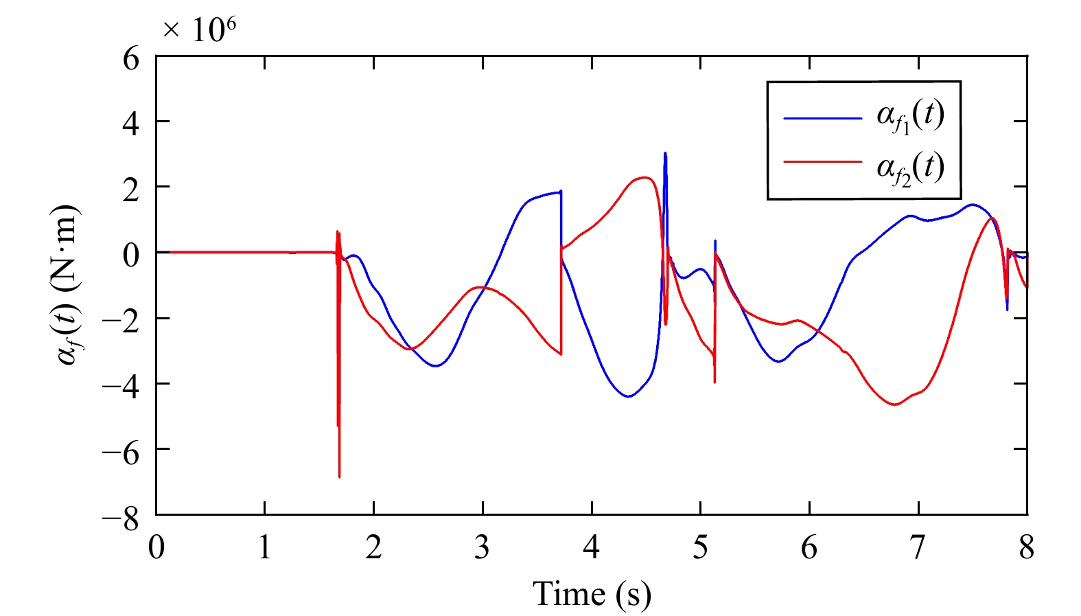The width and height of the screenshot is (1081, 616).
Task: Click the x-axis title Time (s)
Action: [x=592, y=594]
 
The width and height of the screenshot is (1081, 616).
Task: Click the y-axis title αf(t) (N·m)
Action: [x=69, y=284]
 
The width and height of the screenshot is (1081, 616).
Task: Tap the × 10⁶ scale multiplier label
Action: [x=200, y=29]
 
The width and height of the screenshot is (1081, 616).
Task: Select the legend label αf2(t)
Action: [x=910, y=167]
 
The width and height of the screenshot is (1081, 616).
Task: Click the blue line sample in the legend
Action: [x=822, y=118]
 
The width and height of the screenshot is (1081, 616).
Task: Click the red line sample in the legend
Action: [x=822, y=162]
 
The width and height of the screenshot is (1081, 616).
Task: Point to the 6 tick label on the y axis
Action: [x=130, y=58]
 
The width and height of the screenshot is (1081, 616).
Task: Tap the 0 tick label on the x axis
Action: [x=156, y=548]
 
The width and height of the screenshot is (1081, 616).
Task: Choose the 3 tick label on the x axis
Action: [x=483, y=548]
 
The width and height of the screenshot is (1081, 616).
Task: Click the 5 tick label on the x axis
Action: [x=700, y=548]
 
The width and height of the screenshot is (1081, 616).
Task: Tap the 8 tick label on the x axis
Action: [x=1026, y=548]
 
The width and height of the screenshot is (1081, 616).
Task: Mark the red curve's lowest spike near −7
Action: [x=339, y=475]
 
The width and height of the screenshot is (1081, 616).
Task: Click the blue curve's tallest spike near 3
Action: [x=665, y=154]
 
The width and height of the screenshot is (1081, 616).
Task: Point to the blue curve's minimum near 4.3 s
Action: [x=628, y=396]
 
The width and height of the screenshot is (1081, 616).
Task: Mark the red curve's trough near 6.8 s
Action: [x=895, y=404]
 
